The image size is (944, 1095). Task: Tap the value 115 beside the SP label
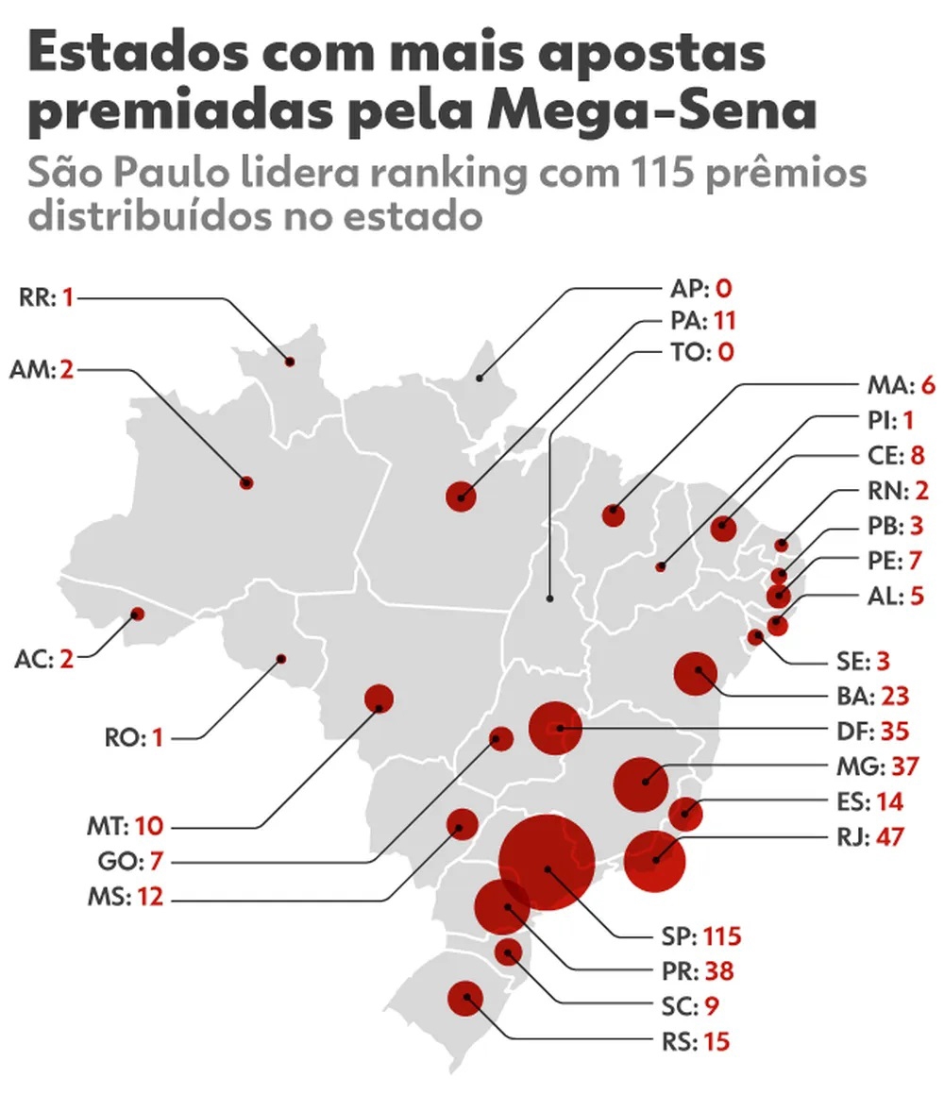pos(721,936)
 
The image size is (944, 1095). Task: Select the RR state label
pos(37,298)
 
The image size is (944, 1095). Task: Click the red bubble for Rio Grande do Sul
pos(465,999)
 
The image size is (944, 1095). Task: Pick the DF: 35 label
pos(879,731)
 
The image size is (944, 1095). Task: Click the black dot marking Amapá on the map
pos(480,379)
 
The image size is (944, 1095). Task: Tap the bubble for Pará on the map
pos(461,497)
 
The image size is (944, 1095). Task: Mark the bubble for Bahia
pos(697,673)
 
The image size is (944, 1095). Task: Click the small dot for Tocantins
pos(550,598)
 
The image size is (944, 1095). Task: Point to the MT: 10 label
pos(120,826)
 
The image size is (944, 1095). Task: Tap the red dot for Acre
pos(138,614)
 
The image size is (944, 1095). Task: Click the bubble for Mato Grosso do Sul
pos(462,825)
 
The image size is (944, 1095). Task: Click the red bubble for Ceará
pos(724,528)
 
